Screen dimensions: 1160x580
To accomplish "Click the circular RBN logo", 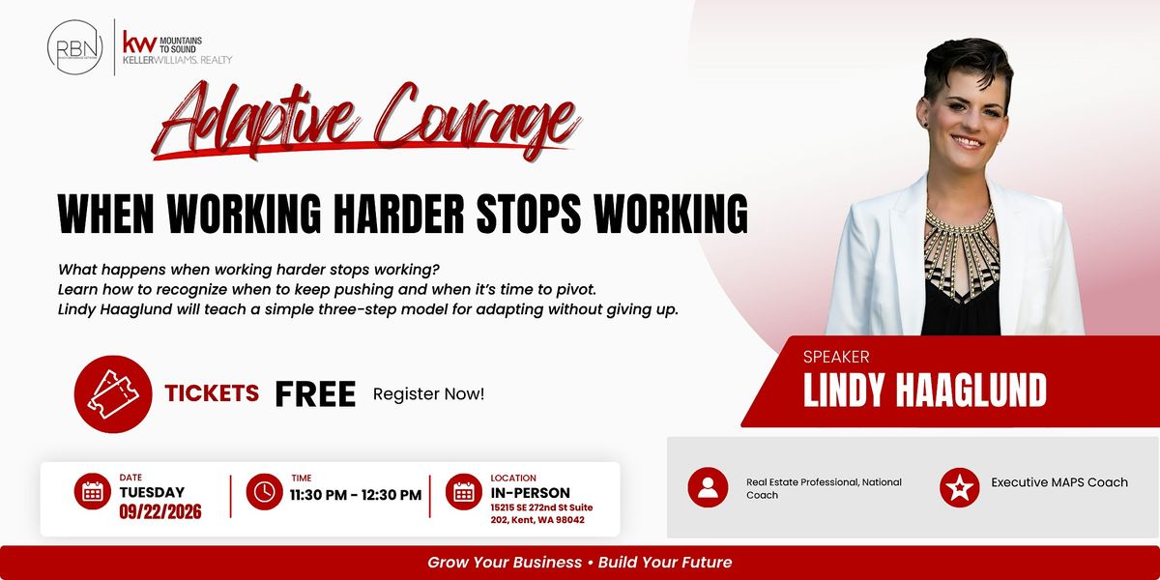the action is coord(75,47).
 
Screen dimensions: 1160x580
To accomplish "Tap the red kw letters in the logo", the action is coord(139,42).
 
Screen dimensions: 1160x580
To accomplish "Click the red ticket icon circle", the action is coord(113,394).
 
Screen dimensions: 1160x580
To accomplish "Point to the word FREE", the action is coord(315,394).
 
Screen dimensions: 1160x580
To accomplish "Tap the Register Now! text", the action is coord(429,394).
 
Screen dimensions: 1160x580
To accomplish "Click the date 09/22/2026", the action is coord(160,511).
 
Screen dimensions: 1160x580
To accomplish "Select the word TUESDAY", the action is coord(152,492).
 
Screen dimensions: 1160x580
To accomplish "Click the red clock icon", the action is coord(264,491).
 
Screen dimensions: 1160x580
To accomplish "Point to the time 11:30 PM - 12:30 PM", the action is coord(356,495).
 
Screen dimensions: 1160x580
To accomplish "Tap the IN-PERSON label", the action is coord(531,492).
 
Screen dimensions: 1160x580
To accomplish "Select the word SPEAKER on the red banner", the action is coord(836,357).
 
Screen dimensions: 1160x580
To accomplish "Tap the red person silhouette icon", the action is coord(708,487).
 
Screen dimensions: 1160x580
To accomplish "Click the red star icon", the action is coord(960,487).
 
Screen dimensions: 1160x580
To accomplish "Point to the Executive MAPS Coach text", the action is coord(1059,482).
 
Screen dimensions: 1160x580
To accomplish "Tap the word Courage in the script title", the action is coord(477,119).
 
